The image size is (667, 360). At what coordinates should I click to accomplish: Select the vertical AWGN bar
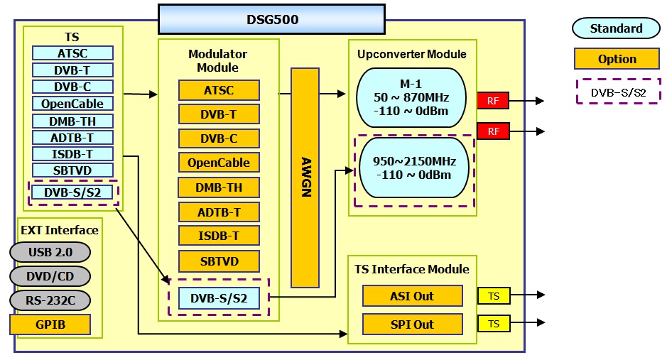(305, 178)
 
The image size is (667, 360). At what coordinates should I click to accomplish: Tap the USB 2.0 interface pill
(50, 252)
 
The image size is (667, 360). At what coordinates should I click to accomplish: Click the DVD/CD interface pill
(50, 276)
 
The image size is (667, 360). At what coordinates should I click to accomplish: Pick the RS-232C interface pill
(50, 300)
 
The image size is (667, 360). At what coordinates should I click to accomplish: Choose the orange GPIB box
(50, 324)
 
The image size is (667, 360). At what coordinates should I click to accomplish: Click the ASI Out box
(412, 296)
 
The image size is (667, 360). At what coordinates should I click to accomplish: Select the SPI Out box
(412, 324)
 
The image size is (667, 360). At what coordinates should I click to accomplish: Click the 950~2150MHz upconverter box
(414, 168)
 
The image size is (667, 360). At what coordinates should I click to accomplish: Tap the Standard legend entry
(616, 29)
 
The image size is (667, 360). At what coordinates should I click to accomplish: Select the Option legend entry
(617, 59)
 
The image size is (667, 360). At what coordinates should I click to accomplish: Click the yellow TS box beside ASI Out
(493, 296)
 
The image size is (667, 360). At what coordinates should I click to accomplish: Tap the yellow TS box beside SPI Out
(493, 324)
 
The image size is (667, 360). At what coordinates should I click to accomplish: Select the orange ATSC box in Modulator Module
(219, 90)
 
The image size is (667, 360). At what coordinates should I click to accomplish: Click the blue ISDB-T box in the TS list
(72, 154)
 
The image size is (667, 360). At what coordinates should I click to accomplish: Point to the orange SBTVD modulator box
(219, 261)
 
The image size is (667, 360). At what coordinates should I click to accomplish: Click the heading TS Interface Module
(411, 269)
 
